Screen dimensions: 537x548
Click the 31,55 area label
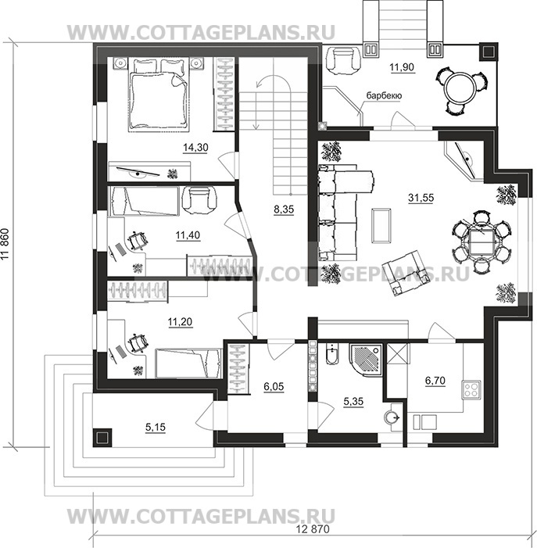click(421, 198)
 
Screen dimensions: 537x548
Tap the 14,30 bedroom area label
click(195, 148)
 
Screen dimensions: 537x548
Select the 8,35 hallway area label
click(284, 210)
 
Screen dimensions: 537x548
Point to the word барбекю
click(384, 95)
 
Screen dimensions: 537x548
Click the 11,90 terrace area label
click(402, 66)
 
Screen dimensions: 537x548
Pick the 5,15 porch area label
click(156, 427)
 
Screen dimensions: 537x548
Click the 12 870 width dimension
click(313, 529)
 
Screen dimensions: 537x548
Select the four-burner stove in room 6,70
click(471, 389)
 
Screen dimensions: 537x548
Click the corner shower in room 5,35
click(366, 360)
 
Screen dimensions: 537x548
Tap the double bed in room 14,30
click(158, 95)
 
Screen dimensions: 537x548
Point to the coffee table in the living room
click(381, 225)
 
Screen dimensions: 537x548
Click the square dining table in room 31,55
click(480, 242)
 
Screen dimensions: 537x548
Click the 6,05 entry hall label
click(274, 387)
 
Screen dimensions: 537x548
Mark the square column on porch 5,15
click(102, 437)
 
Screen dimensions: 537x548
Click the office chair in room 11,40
click(137, 241)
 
